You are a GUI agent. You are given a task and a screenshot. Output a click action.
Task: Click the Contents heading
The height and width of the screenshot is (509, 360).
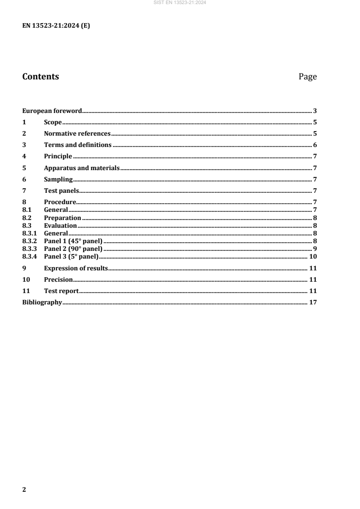[40, 77]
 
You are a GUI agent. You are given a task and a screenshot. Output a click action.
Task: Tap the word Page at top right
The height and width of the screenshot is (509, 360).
[307, 77]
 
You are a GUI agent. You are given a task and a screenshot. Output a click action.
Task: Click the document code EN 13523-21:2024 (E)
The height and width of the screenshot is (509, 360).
[56, 26]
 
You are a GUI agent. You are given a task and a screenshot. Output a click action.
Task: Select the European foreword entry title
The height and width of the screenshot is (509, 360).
[52, 111]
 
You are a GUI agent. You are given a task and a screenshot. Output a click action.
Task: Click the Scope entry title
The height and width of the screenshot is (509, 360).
[53, 122]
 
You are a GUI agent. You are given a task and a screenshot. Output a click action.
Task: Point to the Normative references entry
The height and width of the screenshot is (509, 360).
[77, 133]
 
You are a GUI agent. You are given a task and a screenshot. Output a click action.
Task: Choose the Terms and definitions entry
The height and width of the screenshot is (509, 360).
[78, 145]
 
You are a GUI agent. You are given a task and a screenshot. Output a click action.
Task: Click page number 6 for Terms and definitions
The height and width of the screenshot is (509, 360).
[315, 145]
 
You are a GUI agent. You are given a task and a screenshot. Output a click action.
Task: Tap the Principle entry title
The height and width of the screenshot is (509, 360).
[58, 156]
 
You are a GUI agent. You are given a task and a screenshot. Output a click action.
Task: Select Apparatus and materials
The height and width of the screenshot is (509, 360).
[82, 168]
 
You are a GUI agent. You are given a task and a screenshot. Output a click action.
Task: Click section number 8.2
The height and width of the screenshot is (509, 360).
[27, 218]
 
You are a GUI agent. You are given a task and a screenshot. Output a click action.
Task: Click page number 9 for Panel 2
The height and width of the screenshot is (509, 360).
[315, 249]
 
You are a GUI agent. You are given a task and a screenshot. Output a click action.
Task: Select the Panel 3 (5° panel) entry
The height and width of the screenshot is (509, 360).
[71, 256]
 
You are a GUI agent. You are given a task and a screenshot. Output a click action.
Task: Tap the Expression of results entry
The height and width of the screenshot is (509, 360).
[76, 268]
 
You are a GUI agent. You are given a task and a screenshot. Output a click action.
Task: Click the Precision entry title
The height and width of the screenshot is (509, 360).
[58, 279]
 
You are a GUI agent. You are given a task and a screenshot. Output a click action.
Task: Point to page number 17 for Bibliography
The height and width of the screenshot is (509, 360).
[313, 302]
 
